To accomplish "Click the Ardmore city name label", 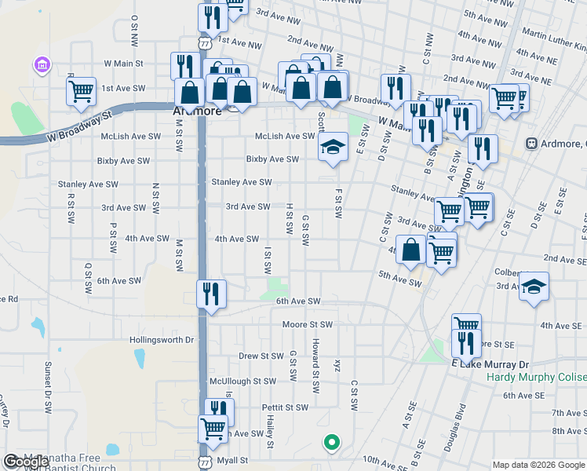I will tap(193, 111).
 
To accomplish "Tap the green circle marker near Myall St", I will tap(332, 442).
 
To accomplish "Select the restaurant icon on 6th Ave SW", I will tap(211, 294).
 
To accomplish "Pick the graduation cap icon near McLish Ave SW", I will tap(333, 146).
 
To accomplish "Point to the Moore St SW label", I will tap(308, 324).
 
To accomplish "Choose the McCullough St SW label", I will tap(242, 381).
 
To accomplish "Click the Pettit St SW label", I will tap(285, 407).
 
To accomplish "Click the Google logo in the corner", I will tap(26, 462).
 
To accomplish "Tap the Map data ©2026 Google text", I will tap(538, 465).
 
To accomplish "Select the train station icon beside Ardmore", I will tap(532, 144).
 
